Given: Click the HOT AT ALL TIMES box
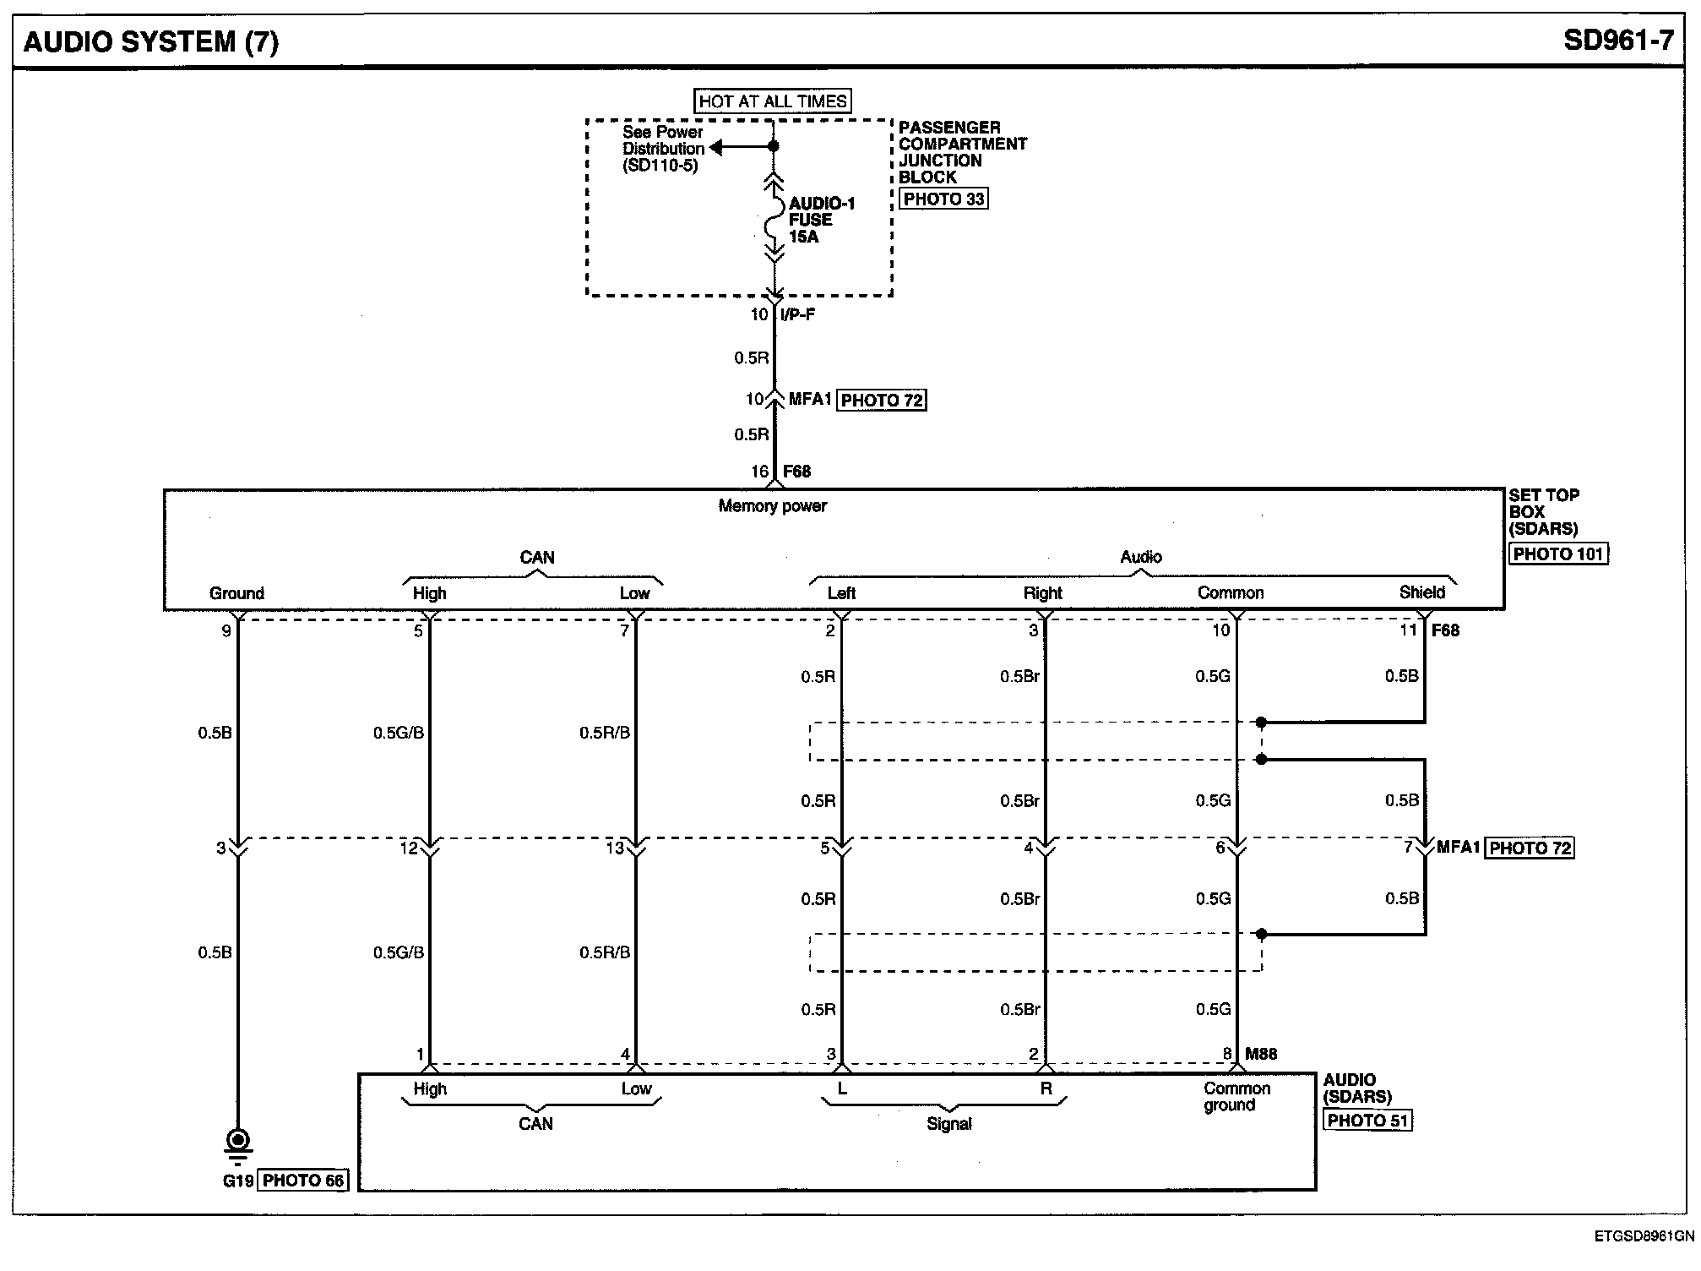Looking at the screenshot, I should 772,101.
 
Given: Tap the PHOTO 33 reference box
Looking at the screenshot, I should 943,199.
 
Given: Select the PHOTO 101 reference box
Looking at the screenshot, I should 1557,554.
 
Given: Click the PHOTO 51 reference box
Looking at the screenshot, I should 1367,1121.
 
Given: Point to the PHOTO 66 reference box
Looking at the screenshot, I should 303,1181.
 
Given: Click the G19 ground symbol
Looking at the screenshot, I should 238,1143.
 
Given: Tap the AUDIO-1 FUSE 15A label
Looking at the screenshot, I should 821,220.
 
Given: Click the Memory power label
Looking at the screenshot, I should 772,506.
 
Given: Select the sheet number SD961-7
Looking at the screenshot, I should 1617,41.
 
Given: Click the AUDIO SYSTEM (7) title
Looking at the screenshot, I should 150,41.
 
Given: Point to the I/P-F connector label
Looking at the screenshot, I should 797,315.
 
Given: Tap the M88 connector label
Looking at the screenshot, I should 1260,1054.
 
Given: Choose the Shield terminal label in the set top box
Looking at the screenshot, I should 1421,592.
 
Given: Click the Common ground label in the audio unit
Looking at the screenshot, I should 1236,1097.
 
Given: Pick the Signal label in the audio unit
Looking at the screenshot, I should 948,1124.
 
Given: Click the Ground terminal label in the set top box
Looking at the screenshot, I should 236,593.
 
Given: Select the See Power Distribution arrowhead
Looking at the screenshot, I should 716,148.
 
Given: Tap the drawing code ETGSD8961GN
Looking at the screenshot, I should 1643,1236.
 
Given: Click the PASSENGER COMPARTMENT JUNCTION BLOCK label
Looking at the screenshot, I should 961,152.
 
